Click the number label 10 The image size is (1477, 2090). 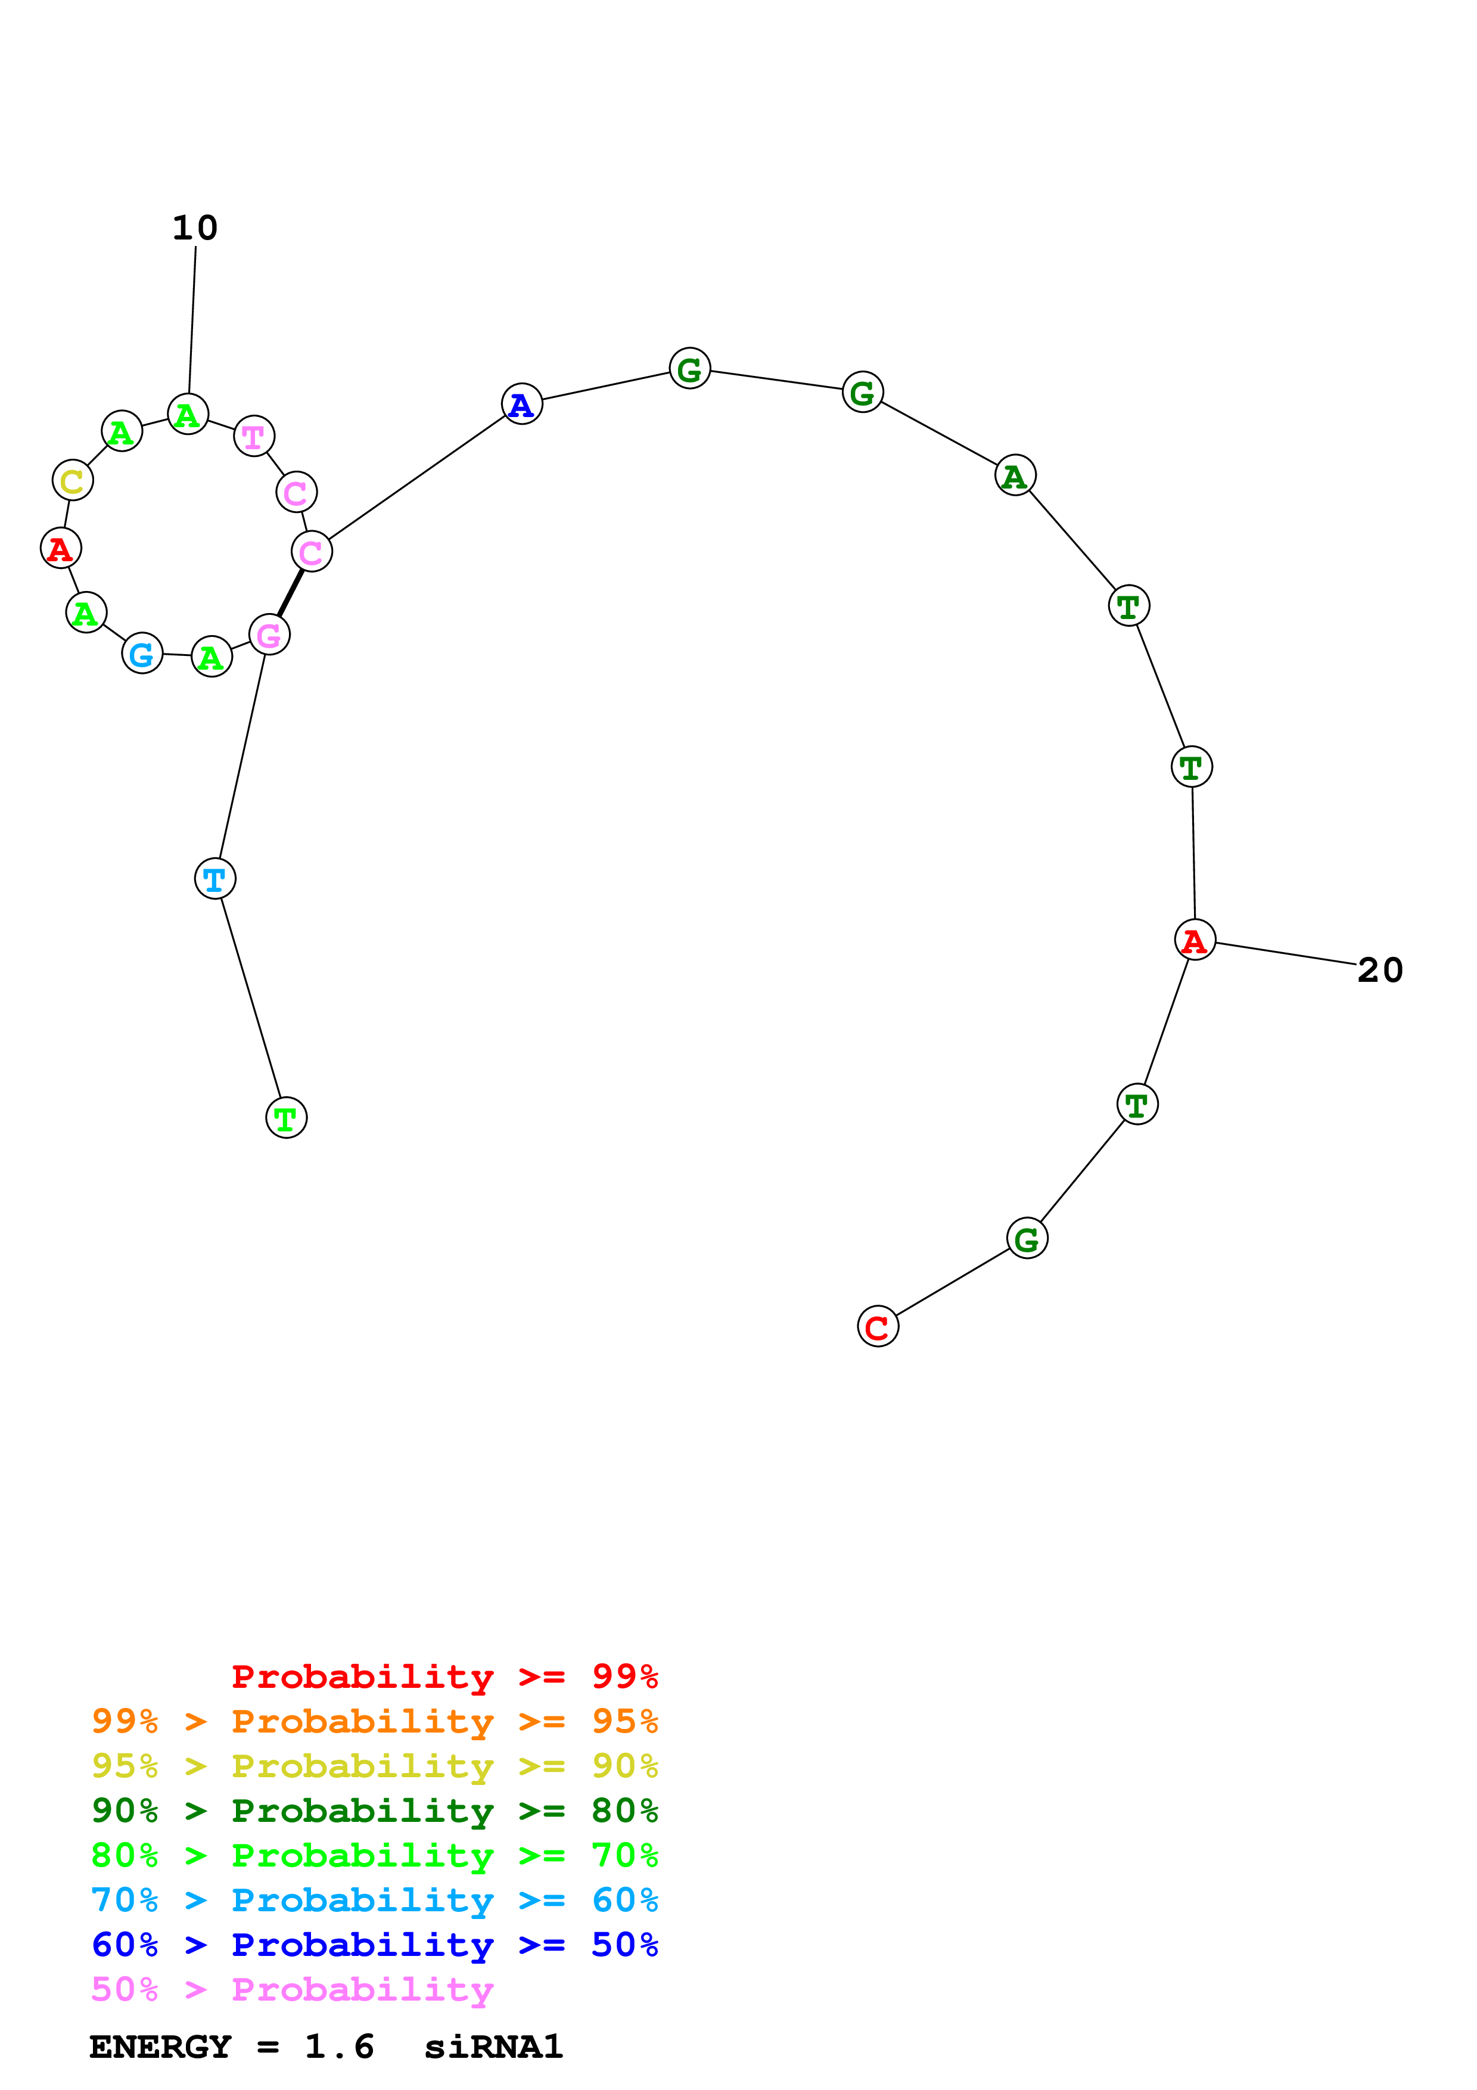pyautogui.click(x=195, y=228)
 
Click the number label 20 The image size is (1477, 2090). pyautogui.click(x=1380, y=971)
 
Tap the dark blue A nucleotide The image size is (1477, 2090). pyautogui.click(x=521, y=404)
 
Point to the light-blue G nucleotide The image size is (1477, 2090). pyautogui.click(x=142, y=654)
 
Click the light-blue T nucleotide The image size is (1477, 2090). pyautogui.click(x=214, y=878)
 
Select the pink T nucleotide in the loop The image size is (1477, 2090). pyautogui.click(x=254, y=436)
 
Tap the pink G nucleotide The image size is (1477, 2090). pyautogui.click(x=269, y=635)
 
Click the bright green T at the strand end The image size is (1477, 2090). pyautogui.click(x=286, y=1118)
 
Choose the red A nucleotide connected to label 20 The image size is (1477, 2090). pyautogui.click(x=1194, y=940)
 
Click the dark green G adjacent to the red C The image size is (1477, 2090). pyautogui.click(x=1027, y=1238)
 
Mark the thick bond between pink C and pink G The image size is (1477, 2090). pyautogui.click(x=290, y=593)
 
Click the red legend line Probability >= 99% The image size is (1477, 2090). pyautogui.click(x=444, y=1677)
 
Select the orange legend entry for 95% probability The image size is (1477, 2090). pyautogui.click(x=374, y=1721)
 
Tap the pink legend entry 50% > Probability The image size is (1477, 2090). pyautogui.click(x=292, y=1989)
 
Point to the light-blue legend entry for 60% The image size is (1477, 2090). pyautogui.click(x=374, y=1900)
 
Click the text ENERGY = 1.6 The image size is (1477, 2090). pyautogui.click(x=231, y=2047)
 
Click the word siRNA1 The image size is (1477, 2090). pyautogui.click(x=493, y=2047)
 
